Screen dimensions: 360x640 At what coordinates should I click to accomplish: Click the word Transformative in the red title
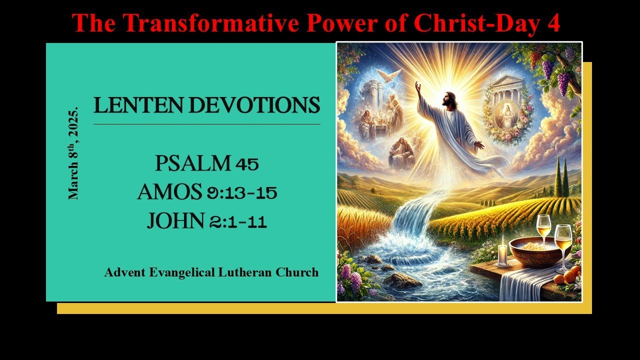click(195, 22)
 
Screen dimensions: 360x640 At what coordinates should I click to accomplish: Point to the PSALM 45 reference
click(206, 163)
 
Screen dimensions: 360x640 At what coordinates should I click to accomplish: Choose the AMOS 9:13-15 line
click(207, 192)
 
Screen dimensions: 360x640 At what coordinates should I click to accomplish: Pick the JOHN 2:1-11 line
click(206, 220)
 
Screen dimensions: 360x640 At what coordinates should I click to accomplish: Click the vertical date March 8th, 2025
click(73, 152)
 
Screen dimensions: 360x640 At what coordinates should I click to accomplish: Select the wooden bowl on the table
click(532, 250)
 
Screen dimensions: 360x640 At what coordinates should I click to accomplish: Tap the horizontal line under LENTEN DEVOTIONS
click(206, 124)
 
